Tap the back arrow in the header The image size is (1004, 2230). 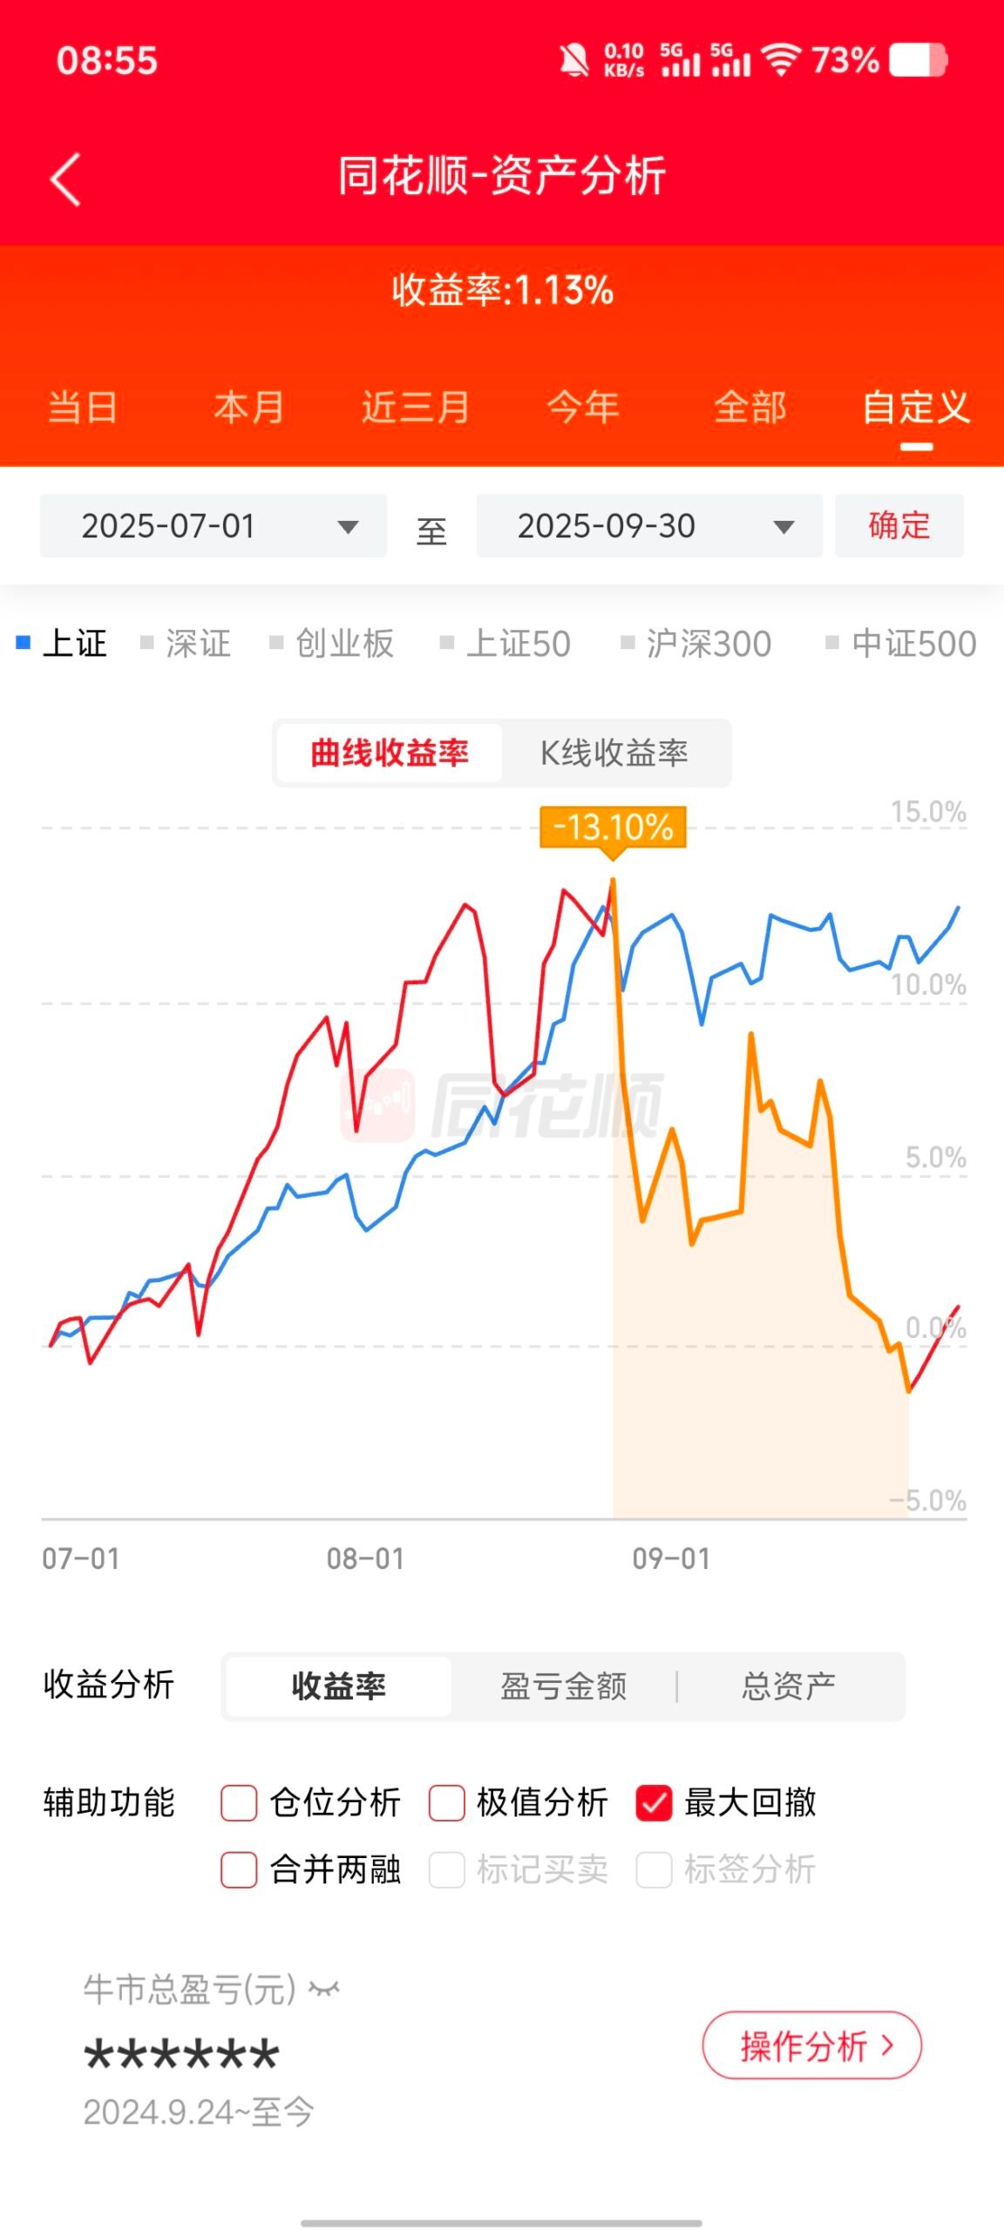click(x=65, y=179)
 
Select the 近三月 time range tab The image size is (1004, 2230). click(x=416, y=408)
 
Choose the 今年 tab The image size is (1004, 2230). click(x=583, y=408)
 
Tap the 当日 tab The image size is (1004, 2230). click(x=83, y=408)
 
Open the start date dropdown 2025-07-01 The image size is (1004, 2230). click(x=214, y=526)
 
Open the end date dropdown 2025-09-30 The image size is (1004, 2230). click(x=649, y=526)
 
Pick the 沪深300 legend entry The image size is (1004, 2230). click(x=696, y=644)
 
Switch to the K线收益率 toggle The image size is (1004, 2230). click(x=614, y=753)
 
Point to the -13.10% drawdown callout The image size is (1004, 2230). click(x=614, y=827)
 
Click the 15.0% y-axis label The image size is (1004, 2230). click(x=928, y=812)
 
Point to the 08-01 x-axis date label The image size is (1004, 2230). click(x=366, y=1558)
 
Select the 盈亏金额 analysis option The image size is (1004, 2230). click(x=564, y=1686)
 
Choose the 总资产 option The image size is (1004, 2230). click(x=789, y=1686)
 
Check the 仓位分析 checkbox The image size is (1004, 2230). click(x=240, y=1802)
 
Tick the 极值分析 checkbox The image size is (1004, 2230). click(x=447, y=1802)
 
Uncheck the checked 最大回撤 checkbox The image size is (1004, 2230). click(x=655, y=1802)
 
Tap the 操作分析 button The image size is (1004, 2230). click(x=811, y=2045)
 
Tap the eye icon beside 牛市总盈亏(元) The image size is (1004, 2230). click(x=324, y=1989)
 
